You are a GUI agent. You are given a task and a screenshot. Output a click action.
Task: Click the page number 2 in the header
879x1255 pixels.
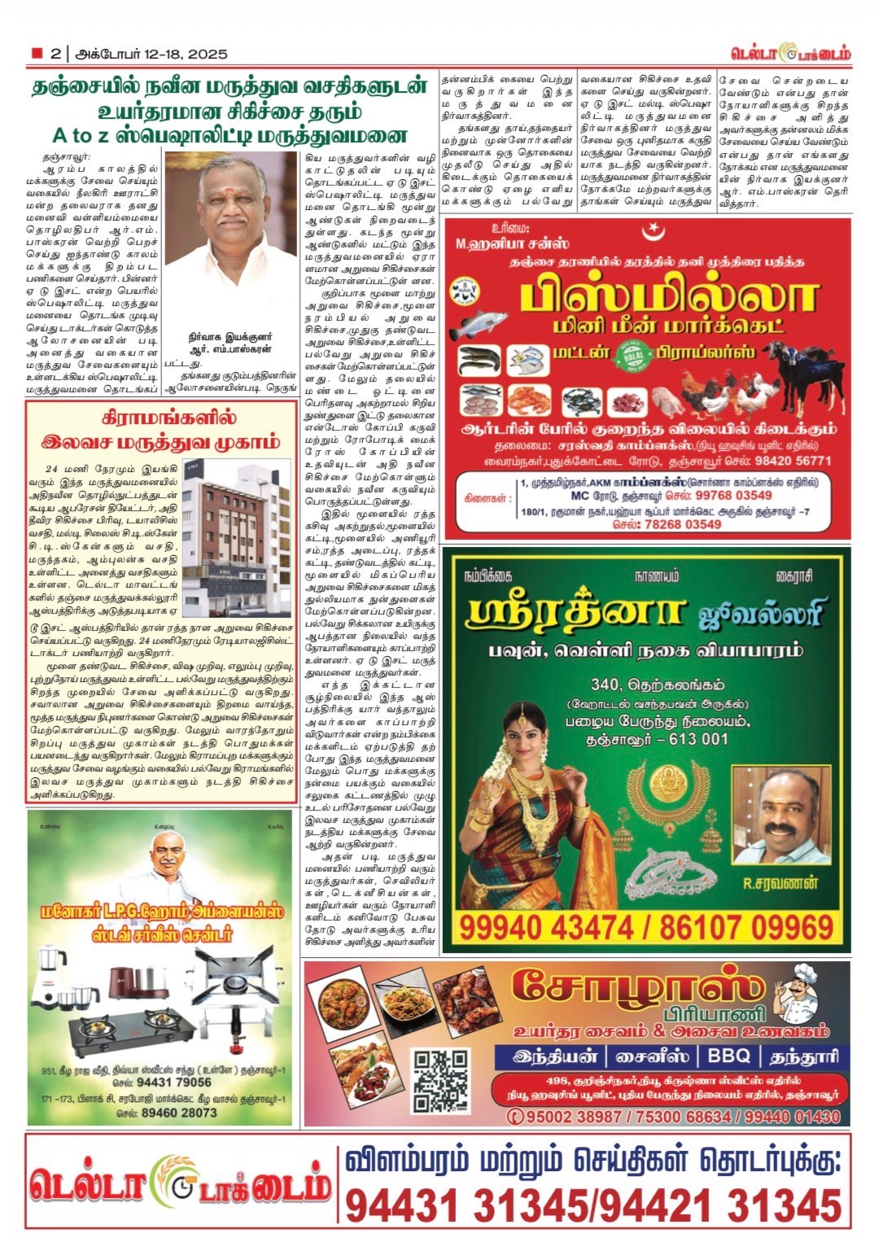pos(55,55)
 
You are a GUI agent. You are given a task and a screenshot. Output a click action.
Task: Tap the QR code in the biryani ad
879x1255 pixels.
pos(440,1080)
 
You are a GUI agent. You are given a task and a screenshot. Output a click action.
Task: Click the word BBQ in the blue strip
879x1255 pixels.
pos(722,1056)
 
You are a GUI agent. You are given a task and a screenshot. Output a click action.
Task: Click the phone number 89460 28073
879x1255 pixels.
pos(168,1113)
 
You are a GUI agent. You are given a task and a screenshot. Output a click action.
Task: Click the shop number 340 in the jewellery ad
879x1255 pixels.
pos(607,685)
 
